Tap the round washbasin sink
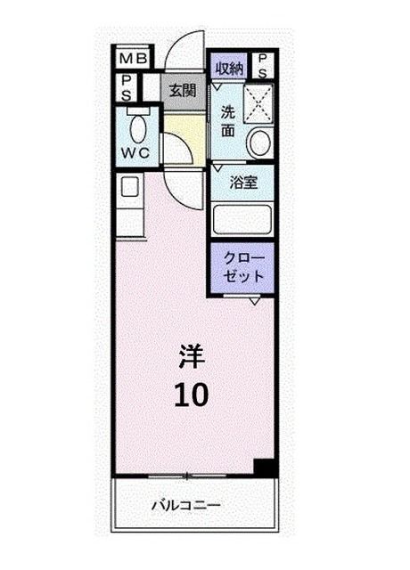(x=259, y=142)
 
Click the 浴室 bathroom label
(x=243, y=182)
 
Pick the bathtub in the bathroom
(x=242, y=219)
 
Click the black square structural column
(x=262, y=468)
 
